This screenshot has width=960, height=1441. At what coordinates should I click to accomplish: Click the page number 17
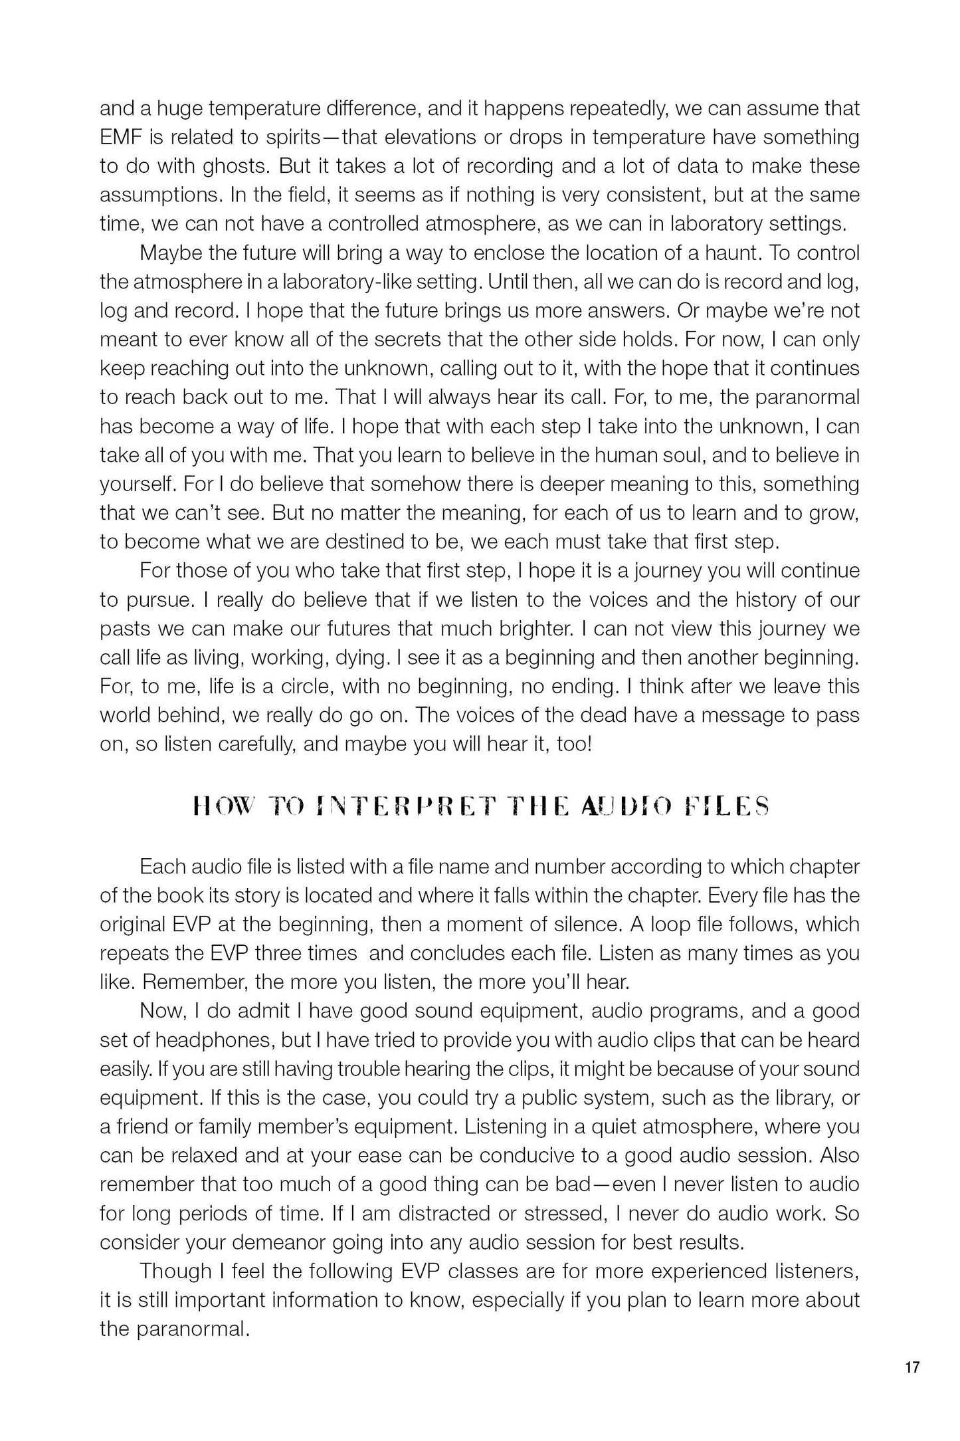coord(912,1367)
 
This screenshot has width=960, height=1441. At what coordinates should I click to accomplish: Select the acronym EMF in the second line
coord(122,138)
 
